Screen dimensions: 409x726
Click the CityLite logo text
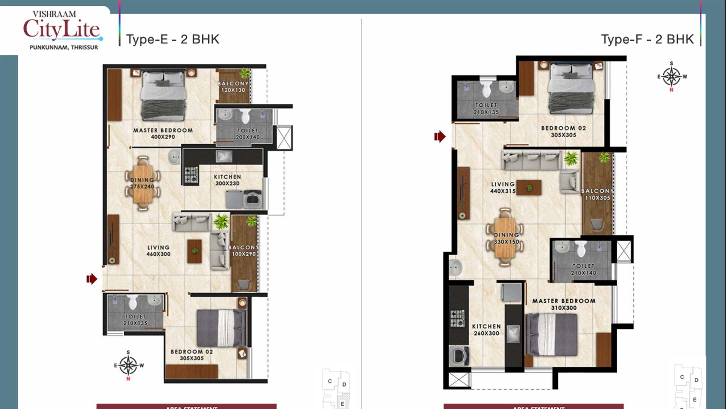click(x=62, y=29)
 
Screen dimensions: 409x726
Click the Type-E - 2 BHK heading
click(x=172, y=39)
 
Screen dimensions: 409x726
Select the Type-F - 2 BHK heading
click(x=647, y=39)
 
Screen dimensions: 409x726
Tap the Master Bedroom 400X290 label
click(x=163, y=133)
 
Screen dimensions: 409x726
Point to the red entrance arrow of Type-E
click(x=92, y=279)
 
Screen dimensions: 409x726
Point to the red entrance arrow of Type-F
click(x=440, y=136)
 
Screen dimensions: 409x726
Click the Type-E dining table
click(x=143, y=183)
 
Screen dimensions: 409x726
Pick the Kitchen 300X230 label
click(x=227, y=180)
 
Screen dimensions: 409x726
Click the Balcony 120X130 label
click(x=233, y=87)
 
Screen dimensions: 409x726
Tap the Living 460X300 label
click(x=158, y=251)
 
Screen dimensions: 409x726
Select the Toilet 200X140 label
click(x=248, y=134)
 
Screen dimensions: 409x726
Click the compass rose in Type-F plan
click(x=672, y=76)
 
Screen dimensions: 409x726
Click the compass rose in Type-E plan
click(x=129, y=365)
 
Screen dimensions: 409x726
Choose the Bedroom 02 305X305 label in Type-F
click(x=563, y=131)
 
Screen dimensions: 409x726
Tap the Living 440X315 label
click(x=503, y=187)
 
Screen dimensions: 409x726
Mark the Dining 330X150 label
click(x=506, y=238)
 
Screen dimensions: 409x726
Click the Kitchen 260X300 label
click(x=486, y=330)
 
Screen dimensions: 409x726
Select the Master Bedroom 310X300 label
click(x=564, y=304)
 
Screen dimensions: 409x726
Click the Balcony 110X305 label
click(x=597, y=194)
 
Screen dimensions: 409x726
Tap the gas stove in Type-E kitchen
click(x=191, y=175)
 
